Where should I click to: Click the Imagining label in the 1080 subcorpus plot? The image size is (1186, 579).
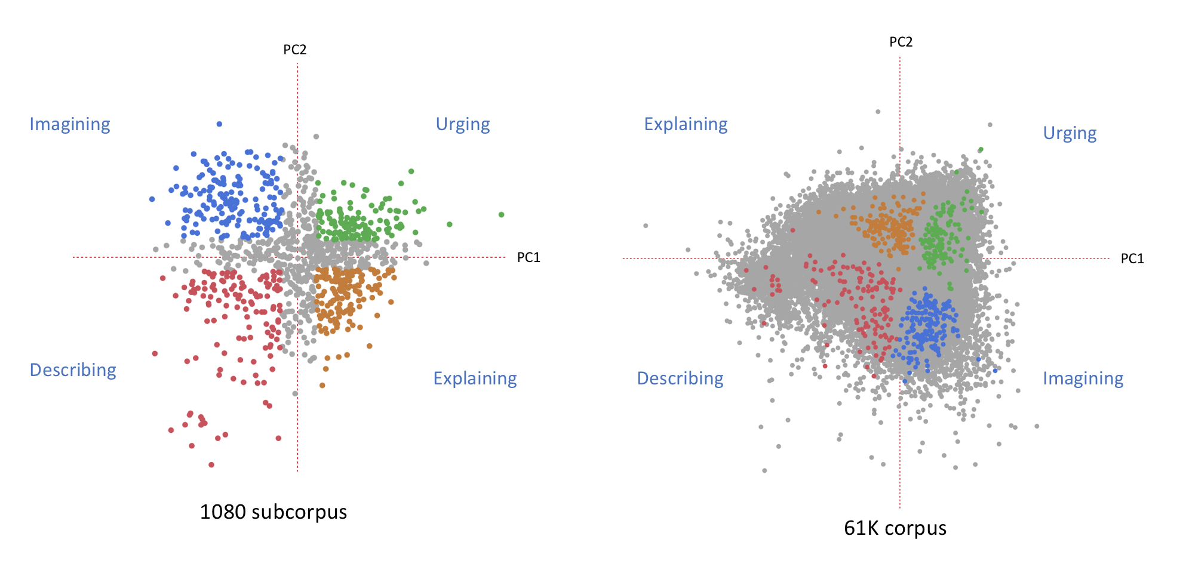70,125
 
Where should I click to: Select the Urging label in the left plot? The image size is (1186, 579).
463,125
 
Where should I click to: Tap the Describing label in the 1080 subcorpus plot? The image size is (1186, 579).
73,370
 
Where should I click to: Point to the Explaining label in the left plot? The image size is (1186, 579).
475,378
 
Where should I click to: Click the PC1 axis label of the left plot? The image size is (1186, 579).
529,257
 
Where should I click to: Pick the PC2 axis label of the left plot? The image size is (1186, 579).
295,50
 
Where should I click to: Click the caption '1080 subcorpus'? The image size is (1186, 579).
273,512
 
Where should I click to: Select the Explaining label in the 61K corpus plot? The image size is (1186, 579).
686,125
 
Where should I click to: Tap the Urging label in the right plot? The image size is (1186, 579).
1070,134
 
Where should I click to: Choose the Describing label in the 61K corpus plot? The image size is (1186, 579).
680,378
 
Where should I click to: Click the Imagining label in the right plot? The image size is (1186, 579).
1083,379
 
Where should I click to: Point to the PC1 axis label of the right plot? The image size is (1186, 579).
1132,258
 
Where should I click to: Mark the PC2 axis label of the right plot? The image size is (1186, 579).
901,42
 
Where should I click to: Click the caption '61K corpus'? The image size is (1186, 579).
895,528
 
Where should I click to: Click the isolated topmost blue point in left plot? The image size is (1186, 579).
219,124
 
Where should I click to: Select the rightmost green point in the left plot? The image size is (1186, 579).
502,215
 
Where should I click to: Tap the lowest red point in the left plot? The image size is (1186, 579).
211,464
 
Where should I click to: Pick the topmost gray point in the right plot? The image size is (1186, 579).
878,112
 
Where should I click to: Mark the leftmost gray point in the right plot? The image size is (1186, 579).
646,226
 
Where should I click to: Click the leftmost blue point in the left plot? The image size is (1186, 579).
152,199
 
